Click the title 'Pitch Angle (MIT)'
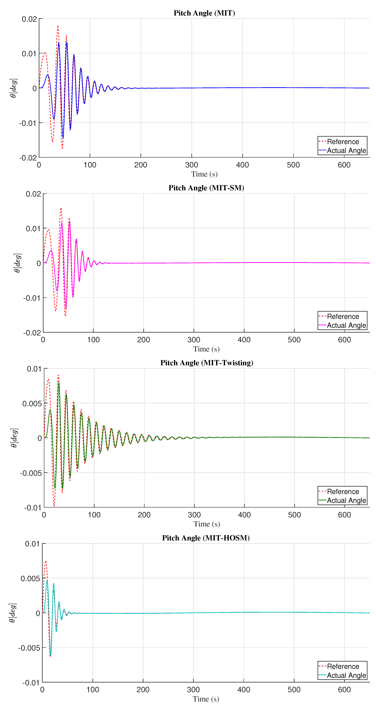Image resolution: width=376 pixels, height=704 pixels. click(204, 13)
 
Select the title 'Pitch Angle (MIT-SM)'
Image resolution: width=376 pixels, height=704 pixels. click(206, 188)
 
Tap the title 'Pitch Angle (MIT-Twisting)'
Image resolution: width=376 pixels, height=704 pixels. click(207, 363)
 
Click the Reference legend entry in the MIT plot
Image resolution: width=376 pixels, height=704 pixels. click(343, 142)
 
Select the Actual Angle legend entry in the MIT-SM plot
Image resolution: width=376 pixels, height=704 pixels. click(346, 325)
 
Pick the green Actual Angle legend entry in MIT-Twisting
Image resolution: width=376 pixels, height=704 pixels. click(346, 500)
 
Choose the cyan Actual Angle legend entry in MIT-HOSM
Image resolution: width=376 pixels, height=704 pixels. click(346, 675)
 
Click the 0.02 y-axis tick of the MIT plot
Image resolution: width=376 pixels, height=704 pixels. click(29, 19)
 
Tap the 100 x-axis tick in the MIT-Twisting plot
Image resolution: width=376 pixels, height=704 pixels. click(94, 515)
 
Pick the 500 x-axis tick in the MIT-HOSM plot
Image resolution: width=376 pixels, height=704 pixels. click(294, 690)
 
